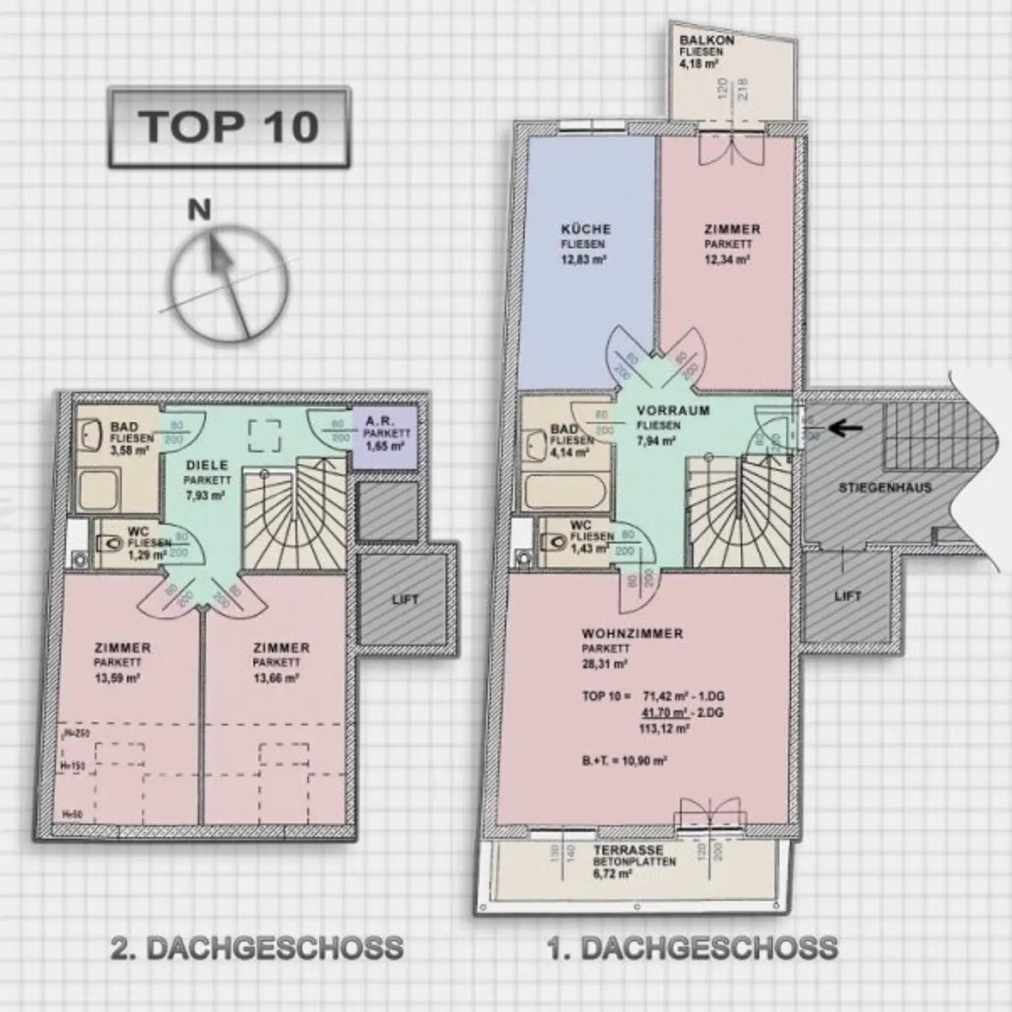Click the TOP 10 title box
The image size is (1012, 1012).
click(229, 127)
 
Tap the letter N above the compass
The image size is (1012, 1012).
click(200, 210)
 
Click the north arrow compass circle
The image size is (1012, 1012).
click(230, 284)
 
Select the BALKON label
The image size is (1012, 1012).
click(706, 40)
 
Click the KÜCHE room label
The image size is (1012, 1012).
click(586, 229)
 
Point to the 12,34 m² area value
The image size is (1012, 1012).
click(727, 260)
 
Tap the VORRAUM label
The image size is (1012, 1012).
click(673, 410)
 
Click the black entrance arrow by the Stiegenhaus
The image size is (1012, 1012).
click(845, 428)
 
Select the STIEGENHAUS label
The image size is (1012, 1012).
click(884, 488)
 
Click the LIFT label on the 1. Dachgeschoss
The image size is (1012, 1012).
click(847, 596)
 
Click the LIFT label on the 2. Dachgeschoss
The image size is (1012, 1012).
click(405, 600)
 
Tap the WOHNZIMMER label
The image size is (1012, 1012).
click(632, 634)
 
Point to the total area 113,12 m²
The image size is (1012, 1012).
click(663, 729)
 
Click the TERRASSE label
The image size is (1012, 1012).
click(628, 850)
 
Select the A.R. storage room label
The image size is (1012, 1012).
click(379, 420)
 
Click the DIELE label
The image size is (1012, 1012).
click(207, 465)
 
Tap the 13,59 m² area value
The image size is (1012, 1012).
click(117, 679)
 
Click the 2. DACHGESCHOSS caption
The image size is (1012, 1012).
click(257, 948)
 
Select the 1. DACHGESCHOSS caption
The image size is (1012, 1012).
click(692, 948)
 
